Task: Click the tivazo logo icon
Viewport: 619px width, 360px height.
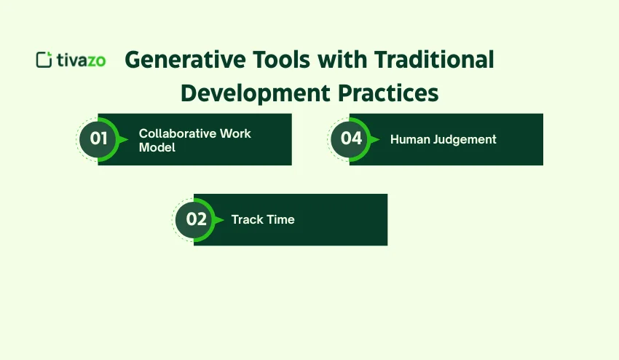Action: click(x=44, y=60)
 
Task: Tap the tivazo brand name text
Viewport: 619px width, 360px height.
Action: click(x=81, y=60)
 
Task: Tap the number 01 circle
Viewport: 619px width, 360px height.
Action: click(x=98, y=138)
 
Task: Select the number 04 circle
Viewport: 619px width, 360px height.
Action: click(x=351, y=138)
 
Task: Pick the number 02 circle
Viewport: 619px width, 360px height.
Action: click(x=196, y=219)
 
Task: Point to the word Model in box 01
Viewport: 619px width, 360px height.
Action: click(x=157, y=147)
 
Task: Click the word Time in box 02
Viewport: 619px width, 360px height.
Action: click(x=281, y=219)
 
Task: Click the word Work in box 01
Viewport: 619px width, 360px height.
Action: click(x=236, y=134)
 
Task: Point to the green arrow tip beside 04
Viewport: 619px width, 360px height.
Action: click(x=376, y=139)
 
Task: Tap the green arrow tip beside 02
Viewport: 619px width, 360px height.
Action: click(x=221, y=219)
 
